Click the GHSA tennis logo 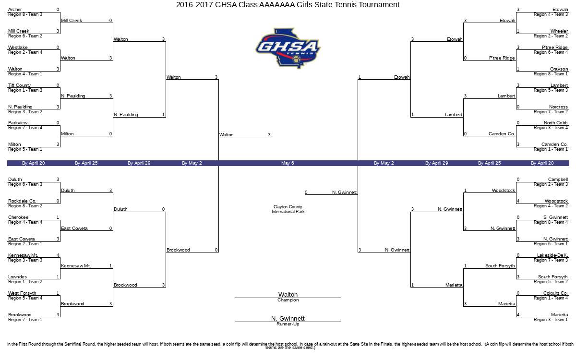[288, 48]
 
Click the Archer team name [15, 10]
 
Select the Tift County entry [19, 85]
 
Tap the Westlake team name [18, 48]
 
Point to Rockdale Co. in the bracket [22, 201]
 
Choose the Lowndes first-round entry [17, 276]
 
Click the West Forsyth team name [22, 293]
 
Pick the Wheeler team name [559, 31]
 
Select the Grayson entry [559, 69]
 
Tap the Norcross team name [558, 107]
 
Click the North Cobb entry [556, 123]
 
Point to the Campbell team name [558, 179]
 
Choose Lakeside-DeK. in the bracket [552, 255]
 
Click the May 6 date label [288, 163]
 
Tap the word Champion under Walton [288, 300]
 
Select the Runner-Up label [288, 324]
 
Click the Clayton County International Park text [288, 209]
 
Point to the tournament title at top [288, 5]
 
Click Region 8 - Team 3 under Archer [25, 14]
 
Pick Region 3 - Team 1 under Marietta [551, 320]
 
